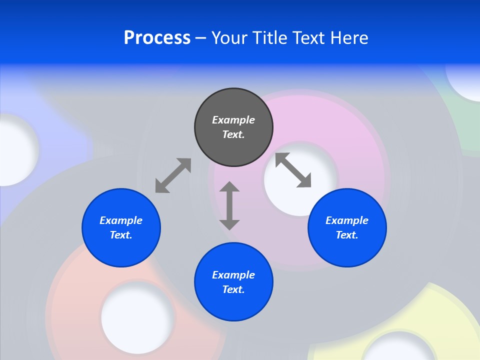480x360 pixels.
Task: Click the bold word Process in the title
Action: (157, 38)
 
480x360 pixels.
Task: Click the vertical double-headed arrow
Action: (229, 205)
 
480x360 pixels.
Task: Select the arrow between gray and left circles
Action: (173, 175)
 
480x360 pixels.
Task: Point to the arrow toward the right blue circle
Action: (293, 170)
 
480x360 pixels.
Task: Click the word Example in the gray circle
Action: (233, 120)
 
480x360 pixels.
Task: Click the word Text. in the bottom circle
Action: (233, 289)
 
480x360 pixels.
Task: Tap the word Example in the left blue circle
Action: (121, 220)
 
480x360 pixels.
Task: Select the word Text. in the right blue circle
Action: (347, 235)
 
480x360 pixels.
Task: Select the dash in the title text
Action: (200, 38)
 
